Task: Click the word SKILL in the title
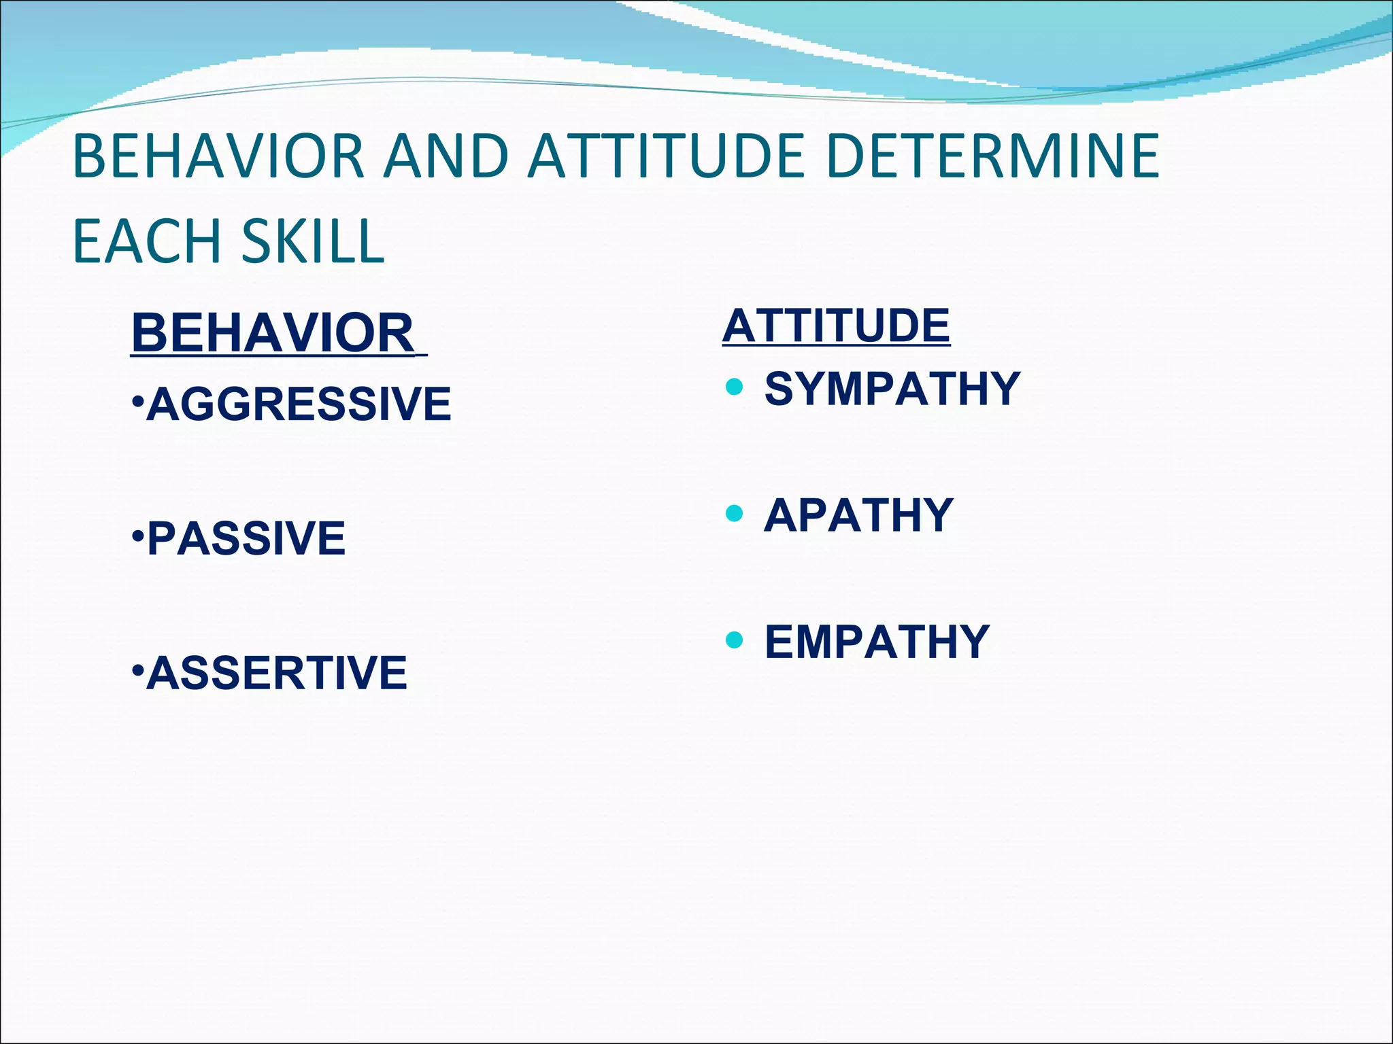click(x=314, y=241)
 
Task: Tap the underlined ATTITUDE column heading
click(x=836, y=326)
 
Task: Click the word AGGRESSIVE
click(x=299, y=404)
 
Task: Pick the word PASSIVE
click(x=246, y=538)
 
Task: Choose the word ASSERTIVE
click(x=277, y=673)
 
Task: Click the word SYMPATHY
click(x=892, y=389)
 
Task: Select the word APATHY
click(x=858, y=515)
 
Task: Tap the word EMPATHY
click(x=877, y=642)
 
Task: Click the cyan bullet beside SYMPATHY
click(x=734, y=387)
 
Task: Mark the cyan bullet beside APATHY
click(x=734, y=513)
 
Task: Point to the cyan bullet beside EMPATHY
click(x=734, y=640)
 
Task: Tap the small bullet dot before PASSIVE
click(x=137, y=536)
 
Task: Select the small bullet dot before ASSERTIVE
click(x=137, y=671)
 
